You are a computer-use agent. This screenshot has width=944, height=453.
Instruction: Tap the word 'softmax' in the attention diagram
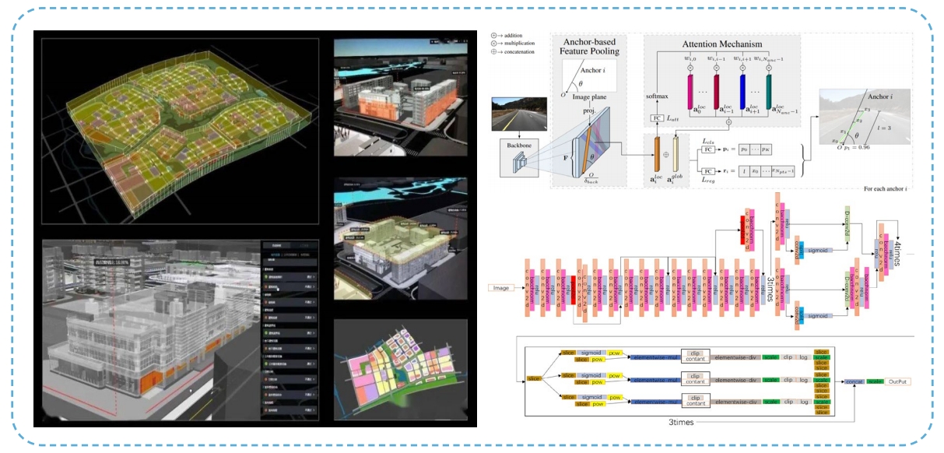(658, 96)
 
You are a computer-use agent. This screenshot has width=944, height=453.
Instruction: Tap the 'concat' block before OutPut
(853, 382)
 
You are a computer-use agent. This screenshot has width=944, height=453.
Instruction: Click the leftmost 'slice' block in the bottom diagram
(533, 378)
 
